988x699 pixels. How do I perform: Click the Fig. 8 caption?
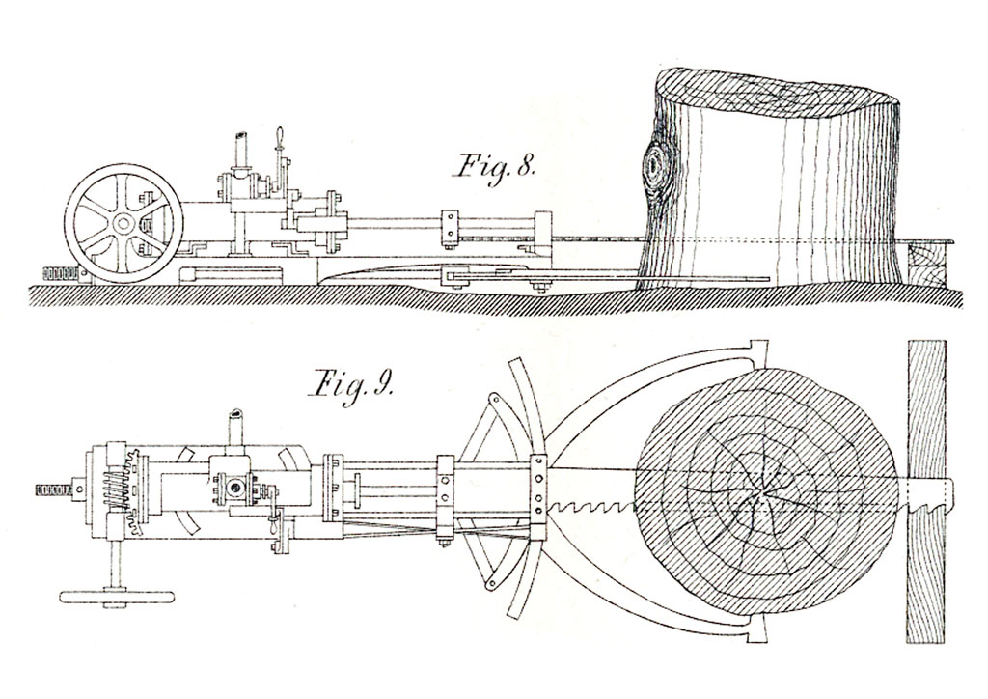coord(494,168)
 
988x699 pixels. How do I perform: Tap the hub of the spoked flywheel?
coord(123,223)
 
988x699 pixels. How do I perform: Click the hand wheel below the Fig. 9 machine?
coord(116,597)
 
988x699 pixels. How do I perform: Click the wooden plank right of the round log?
coord(926,491)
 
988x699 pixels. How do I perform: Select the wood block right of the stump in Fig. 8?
coord(927,266)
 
